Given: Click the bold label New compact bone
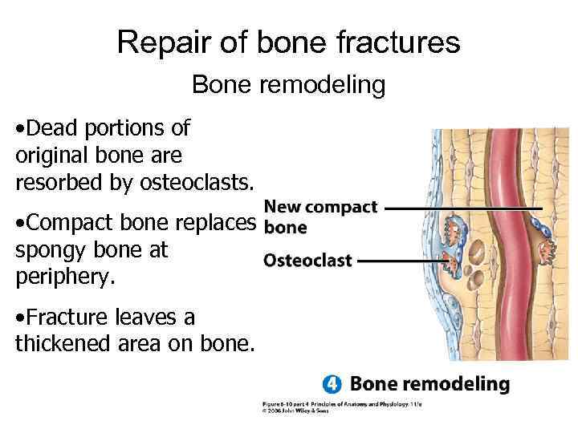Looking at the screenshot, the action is click(320, 216).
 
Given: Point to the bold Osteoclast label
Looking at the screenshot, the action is click(307, 261).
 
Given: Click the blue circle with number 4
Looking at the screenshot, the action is click(332, 384).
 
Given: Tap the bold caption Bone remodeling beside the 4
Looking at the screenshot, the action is click(429, 384).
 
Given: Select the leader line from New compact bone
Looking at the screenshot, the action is click(462, 208).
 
